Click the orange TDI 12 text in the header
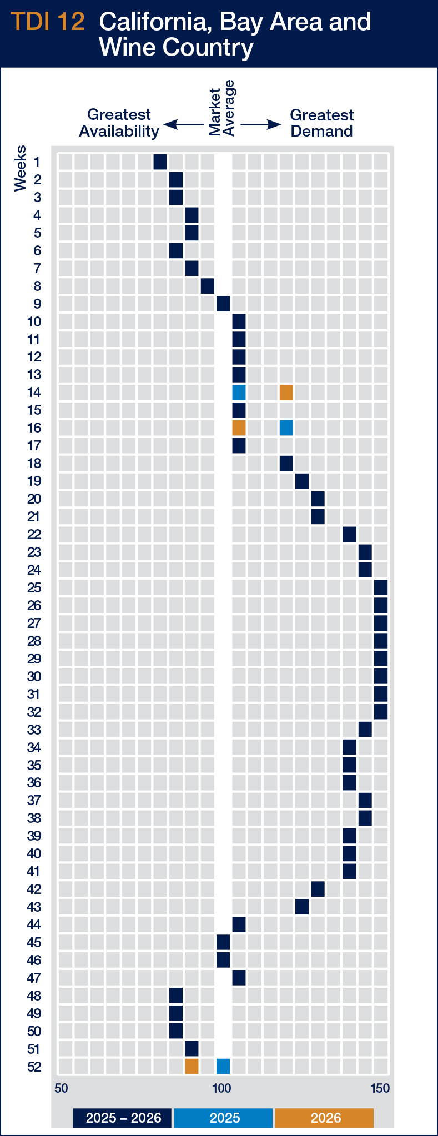coord(48,22)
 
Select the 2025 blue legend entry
coord(224,1118)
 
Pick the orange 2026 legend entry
coord(325,1118)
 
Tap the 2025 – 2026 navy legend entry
coord(123,1118)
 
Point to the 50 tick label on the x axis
coord(61,1088)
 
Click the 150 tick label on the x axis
coord(380,1088)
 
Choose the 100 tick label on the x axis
coord(221,1088)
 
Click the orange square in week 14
coord(286,393)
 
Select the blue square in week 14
coord(239,393)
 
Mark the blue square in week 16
coord(286,428)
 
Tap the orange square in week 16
coord(239,428)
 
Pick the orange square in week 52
coord(192,1066)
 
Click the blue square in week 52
coord(223,1066)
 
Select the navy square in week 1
coord(160,162)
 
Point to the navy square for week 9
coord(223,304)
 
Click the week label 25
coord(34,588)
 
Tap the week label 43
coord(34,907)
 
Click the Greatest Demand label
coord(321,123)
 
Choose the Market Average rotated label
coord(221,108)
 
